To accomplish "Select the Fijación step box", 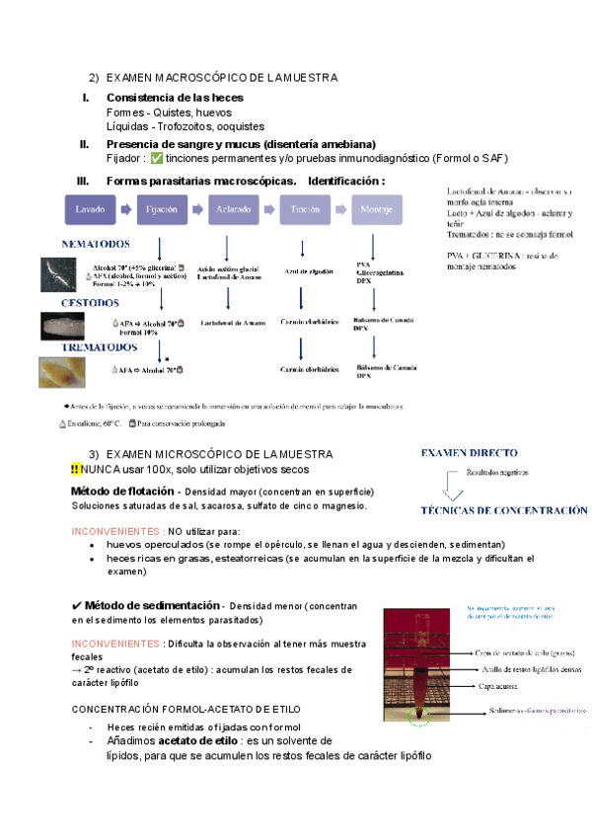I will [x=161, y=209].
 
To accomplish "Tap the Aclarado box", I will [x=231, y=209].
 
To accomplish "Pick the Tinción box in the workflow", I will [x=300, y=209].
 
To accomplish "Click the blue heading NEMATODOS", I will [x=96, y=244].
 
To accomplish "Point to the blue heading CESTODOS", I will [x=90, y=303].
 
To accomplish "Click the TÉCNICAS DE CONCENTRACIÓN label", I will [x=504, y=511].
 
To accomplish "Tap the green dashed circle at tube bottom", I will [x=420, y=716].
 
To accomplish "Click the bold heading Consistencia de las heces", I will [x=175, y=98].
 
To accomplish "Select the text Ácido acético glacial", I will [x=228, y=268].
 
